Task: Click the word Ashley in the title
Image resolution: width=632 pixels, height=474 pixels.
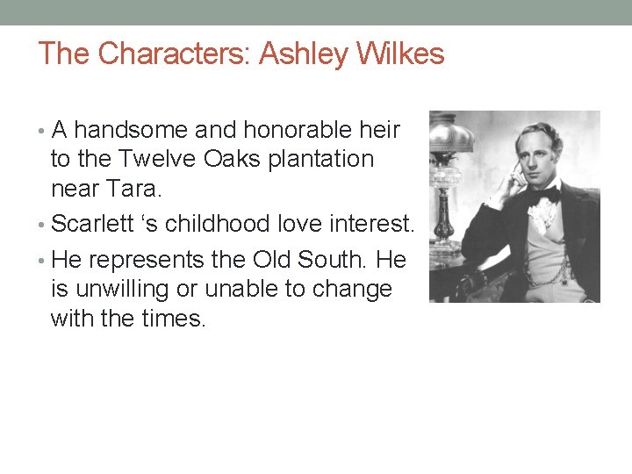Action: click(304, 54)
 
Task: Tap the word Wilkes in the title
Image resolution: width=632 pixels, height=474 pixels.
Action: click(399, 54)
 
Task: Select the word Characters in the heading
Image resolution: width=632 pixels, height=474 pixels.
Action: click(174, 54)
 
